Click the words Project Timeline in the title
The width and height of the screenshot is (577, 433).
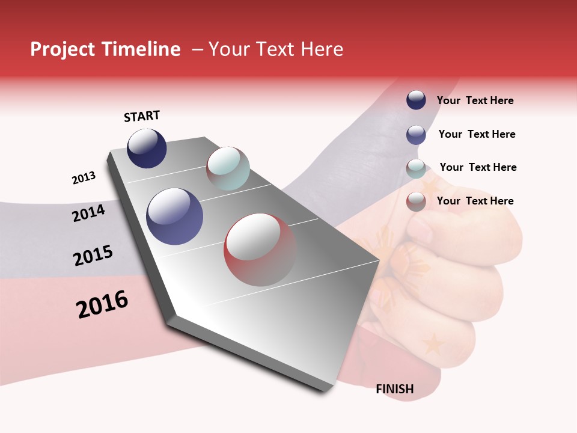pyautogui.click(x=105, y=49)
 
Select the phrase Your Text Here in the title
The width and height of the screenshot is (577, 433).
pyautogui.click(x=276, y=49)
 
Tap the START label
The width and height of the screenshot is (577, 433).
pyautogui.click(x=142, y=116)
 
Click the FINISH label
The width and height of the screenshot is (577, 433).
pyautogui.click(x=394, y=389)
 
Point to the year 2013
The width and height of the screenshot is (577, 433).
pyautogui.click(x=84, y=178)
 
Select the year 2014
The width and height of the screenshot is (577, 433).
pyautogui.click(x=88, y=213)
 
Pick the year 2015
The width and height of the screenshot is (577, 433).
pyautogui.click(x=93, y=256)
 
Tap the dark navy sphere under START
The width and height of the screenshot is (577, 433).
pyautogui.click(x=147, y=149)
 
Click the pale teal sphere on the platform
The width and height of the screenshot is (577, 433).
pyautogui.click(x=228, y=168)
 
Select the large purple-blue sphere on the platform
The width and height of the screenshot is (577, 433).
pyautogui.click(x=175, y=216)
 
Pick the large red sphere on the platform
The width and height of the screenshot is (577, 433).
pyautogui.click(x=260, y=250)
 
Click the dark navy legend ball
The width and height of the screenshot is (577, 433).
pyautogui.click(x=416, y=100)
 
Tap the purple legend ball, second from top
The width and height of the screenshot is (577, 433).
pyautogui.click(x=416, y=135)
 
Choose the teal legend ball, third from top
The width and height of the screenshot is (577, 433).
pyautogui.click(x=416, y=168)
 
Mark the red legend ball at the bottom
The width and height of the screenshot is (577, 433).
pyautogui.click(x=416, y=201)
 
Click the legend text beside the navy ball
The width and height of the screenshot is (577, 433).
pyautogui.click(x=475, y=100)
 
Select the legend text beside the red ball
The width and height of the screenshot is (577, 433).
pyautogui.click(x=475, y=201)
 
